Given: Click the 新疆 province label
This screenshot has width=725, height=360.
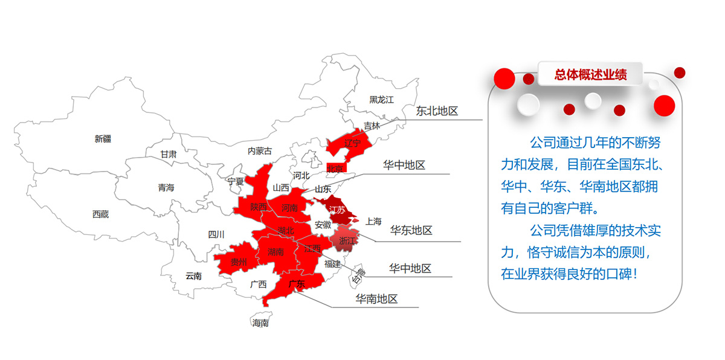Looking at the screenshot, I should coord(103,139).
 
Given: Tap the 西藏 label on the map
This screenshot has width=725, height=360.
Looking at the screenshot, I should coord(100,214).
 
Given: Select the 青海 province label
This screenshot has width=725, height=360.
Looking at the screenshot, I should coord(166,188).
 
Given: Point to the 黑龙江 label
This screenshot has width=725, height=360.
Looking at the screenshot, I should coord(381,100).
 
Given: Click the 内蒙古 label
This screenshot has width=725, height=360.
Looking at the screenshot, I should coord(260,150).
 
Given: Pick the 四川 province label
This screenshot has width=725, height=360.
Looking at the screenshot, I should coord(216,234).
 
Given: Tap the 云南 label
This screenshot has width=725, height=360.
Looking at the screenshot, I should coord(193,276).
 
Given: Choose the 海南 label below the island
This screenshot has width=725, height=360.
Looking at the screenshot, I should coord(260,323).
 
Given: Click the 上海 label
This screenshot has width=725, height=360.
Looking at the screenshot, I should coord(373,222).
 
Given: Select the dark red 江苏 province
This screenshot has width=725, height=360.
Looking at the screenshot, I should coord(337,210).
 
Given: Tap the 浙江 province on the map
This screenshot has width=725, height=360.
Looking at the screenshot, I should coord(347,240).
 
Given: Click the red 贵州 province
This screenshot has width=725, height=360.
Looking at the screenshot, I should coord(239,262).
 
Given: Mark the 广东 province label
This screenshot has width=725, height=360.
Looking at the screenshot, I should coord(296,284).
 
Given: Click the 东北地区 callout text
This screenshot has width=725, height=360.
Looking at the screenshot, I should coord(437,111).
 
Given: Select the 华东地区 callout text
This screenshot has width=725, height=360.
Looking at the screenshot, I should coord(411,230).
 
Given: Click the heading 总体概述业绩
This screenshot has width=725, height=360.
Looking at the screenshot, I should coord(590,74).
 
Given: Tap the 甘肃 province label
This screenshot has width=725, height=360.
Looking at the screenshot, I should coord(169,154).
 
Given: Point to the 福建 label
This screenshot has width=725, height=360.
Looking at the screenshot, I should coord(332,263).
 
